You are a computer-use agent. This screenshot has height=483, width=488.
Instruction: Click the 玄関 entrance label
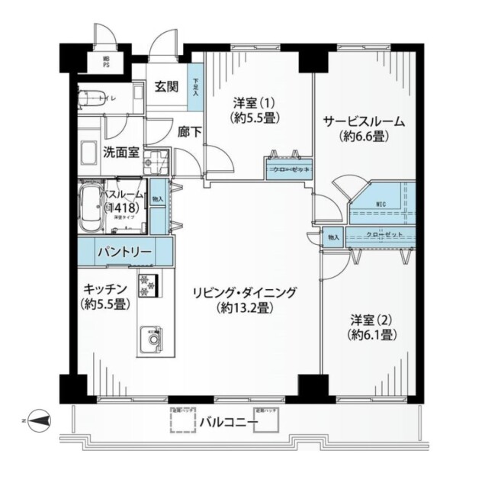[166, 86]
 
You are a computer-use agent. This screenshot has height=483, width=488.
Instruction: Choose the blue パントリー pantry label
[124, 251]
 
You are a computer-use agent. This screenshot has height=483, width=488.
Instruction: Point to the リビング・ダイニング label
[244, 291]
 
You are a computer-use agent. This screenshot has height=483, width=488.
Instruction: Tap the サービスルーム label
[363, 122]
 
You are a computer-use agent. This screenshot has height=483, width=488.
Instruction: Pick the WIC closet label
[382, 204]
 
